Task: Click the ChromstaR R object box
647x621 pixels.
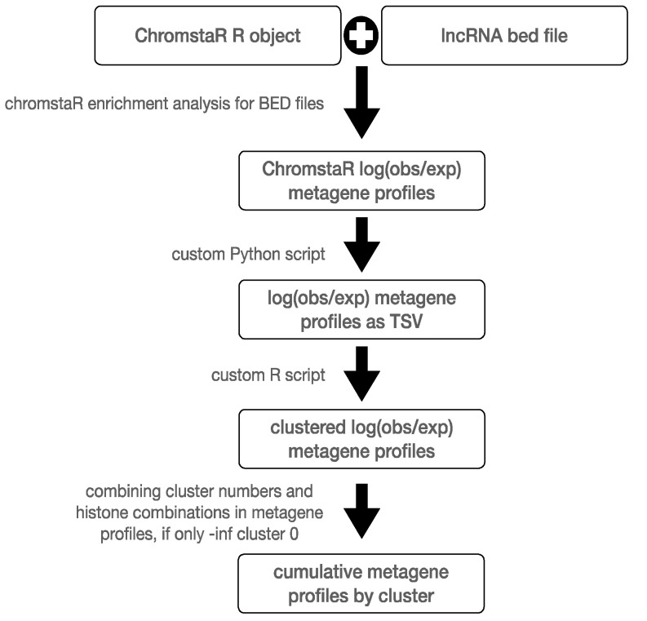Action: tap(218, 35)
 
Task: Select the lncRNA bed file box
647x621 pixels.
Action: tap(504, 35)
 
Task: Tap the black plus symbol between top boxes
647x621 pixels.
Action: tap(361, 35)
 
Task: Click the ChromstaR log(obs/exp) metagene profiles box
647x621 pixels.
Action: tap(361, 180)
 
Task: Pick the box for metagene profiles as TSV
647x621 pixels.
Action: tap(361, 309)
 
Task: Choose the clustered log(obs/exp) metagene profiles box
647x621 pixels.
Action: tap(361, 439)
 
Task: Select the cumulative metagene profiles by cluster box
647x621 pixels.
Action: tap(361, 583)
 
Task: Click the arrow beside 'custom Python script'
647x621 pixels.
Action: tap(362, 244)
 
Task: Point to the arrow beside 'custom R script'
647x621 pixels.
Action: tap(362, 374)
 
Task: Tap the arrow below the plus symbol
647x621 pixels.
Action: tap(362, 102)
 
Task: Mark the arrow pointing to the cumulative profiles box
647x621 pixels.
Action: tap(362, 511)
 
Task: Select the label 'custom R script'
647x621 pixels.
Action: tap(268, 375)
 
